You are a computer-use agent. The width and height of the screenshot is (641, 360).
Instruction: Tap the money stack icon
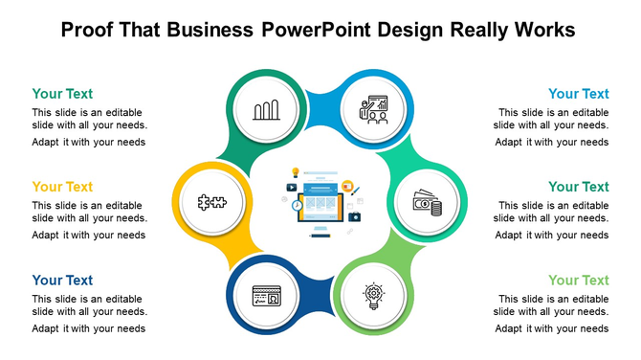point(427,203)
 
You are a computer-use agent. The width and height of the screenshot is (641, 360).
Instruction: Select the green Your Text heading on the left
point(62,94)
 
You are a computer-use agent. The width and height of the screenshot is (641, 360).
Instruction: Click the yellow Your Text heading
point(62,187)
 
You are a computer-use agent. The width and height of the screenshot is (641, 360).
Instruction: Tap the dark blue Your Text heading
point(62,281)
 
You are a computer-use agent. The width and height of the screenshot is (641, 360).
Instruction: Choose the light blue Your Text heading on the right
point(578,94)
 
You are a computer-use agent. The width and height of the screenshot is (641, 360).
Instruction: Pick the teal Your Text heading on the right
point(578,187)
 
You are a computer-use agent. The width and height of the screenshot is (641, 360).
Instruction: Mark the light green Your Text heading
point(578,281)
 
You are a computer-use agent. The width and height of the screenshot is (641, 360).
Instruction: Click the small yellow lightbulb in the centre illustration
point(296,173)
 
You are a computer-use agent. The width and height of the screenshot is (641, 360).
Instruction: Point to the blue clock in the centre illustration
point(298,205)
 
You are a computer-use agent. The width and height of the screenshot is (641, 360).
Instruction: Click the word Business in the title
point(210,30)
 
